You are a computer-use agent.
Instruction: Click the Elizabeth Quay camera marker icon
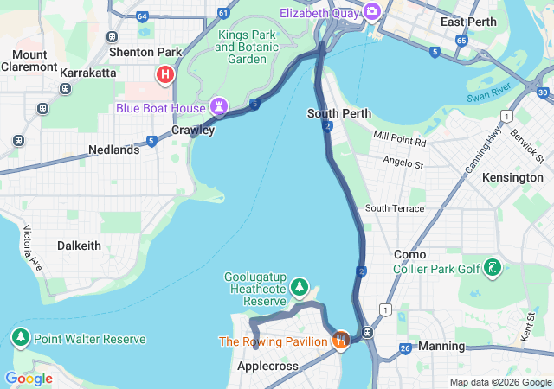click(x=372, y=11)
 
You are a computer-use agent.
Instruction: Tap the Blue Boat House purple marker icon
click(x=220, y=107)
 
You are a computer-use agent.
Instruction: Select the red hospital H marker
click(x=164, y=75)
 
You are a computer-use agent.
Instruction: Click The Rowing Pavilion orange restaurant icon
click(x=340, y=340)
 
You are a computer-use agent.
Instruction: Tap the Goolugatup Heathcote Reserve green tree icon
click(x=300, y=286)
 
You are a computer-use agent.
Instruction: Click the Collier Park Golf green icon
click(x=493, y=268)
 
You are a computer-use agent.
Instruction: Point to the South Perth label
click(x=339, y=113)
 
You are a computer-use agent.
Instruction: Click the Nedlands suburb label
click(x=113, y=150)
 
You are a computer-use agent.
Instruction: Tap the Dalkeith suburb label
click(x=79, y=246)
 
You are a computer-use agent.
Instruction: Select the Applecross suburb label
click(x=267, y=367)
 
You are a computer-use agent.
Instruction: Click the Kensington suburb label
click(x=512, y=177)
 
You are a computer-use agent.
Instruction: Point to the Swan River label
click(x=490, y=89)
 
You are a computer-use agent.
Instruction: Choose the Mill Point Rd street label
click(x=400, y=138)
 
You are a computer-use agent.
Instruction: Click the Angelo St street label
click(x=403, y=163)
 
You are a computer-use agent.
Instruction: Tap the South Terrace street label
click(x=395, y=208)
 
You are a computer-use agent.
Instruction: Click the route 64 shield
click(x=142, y=16)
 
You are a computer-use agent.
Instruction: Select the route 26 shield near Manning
click(x=404, y=349)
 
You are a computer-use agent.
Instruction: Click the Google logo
click(x=28, y=379)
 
